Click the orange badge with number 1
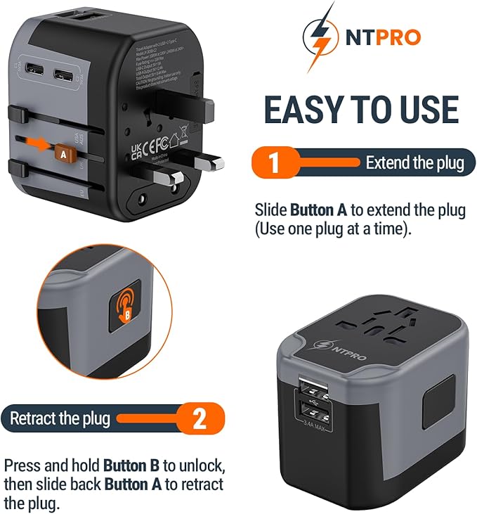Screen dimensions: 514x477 [x=273, y=162]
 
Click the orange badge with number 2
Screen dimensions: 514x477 [x=199, y=420]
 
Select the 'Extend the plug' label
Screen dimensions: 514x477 [x=414, y=163]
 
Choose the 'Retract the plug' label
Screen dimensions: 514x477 [x=60, y=419]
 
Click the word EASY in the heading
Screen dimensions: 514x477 [x=307, y=110]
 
